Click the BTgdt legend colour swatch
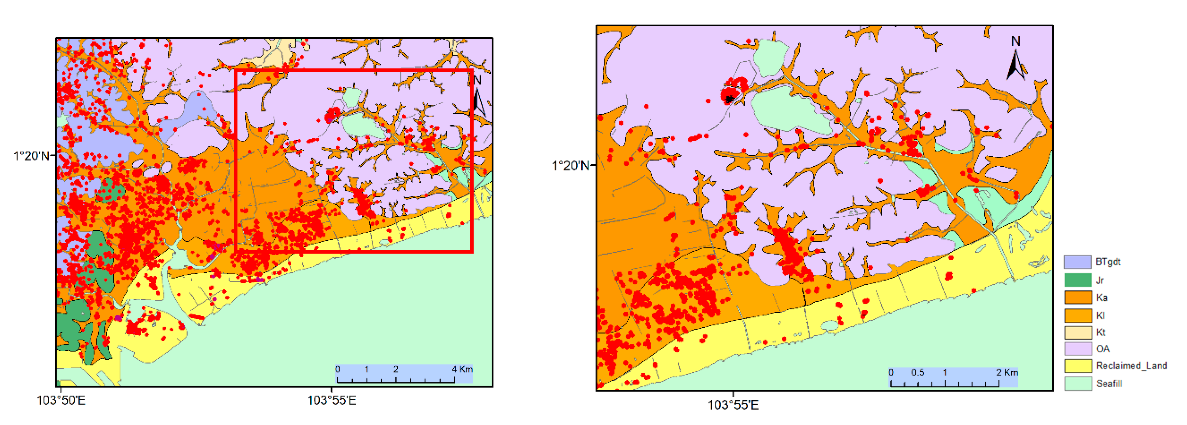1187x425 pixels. [1077, 262]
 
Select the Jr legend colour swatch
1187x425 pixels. [1077, 280]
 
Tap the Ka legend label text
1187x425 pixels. [1101, 298]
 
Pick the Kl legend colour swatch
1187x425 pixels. [1077, 316]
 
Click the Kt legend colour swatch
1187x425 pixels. [1077, 332]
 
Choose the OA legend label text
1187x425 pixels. [1102, 349]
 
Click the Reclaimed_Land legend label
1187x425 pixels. [1131, 365]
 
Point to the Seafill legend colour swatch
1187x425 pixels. [1077, 384]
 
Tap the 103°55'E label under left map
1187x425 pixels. [331, 400]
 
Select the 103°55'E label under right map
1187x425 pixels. [733, 405]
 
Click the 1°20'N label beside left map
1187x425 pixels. [31, 156]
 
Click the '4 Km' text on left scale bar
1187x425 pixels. [462, 369]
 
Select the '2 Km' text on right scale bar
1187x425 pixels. [1007, 372]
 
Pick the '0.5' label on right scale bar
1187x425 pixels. [917, 372]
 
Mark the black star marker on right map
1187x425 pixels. [729, 98]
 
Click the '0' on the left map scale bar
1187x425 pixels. [338, 369]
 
